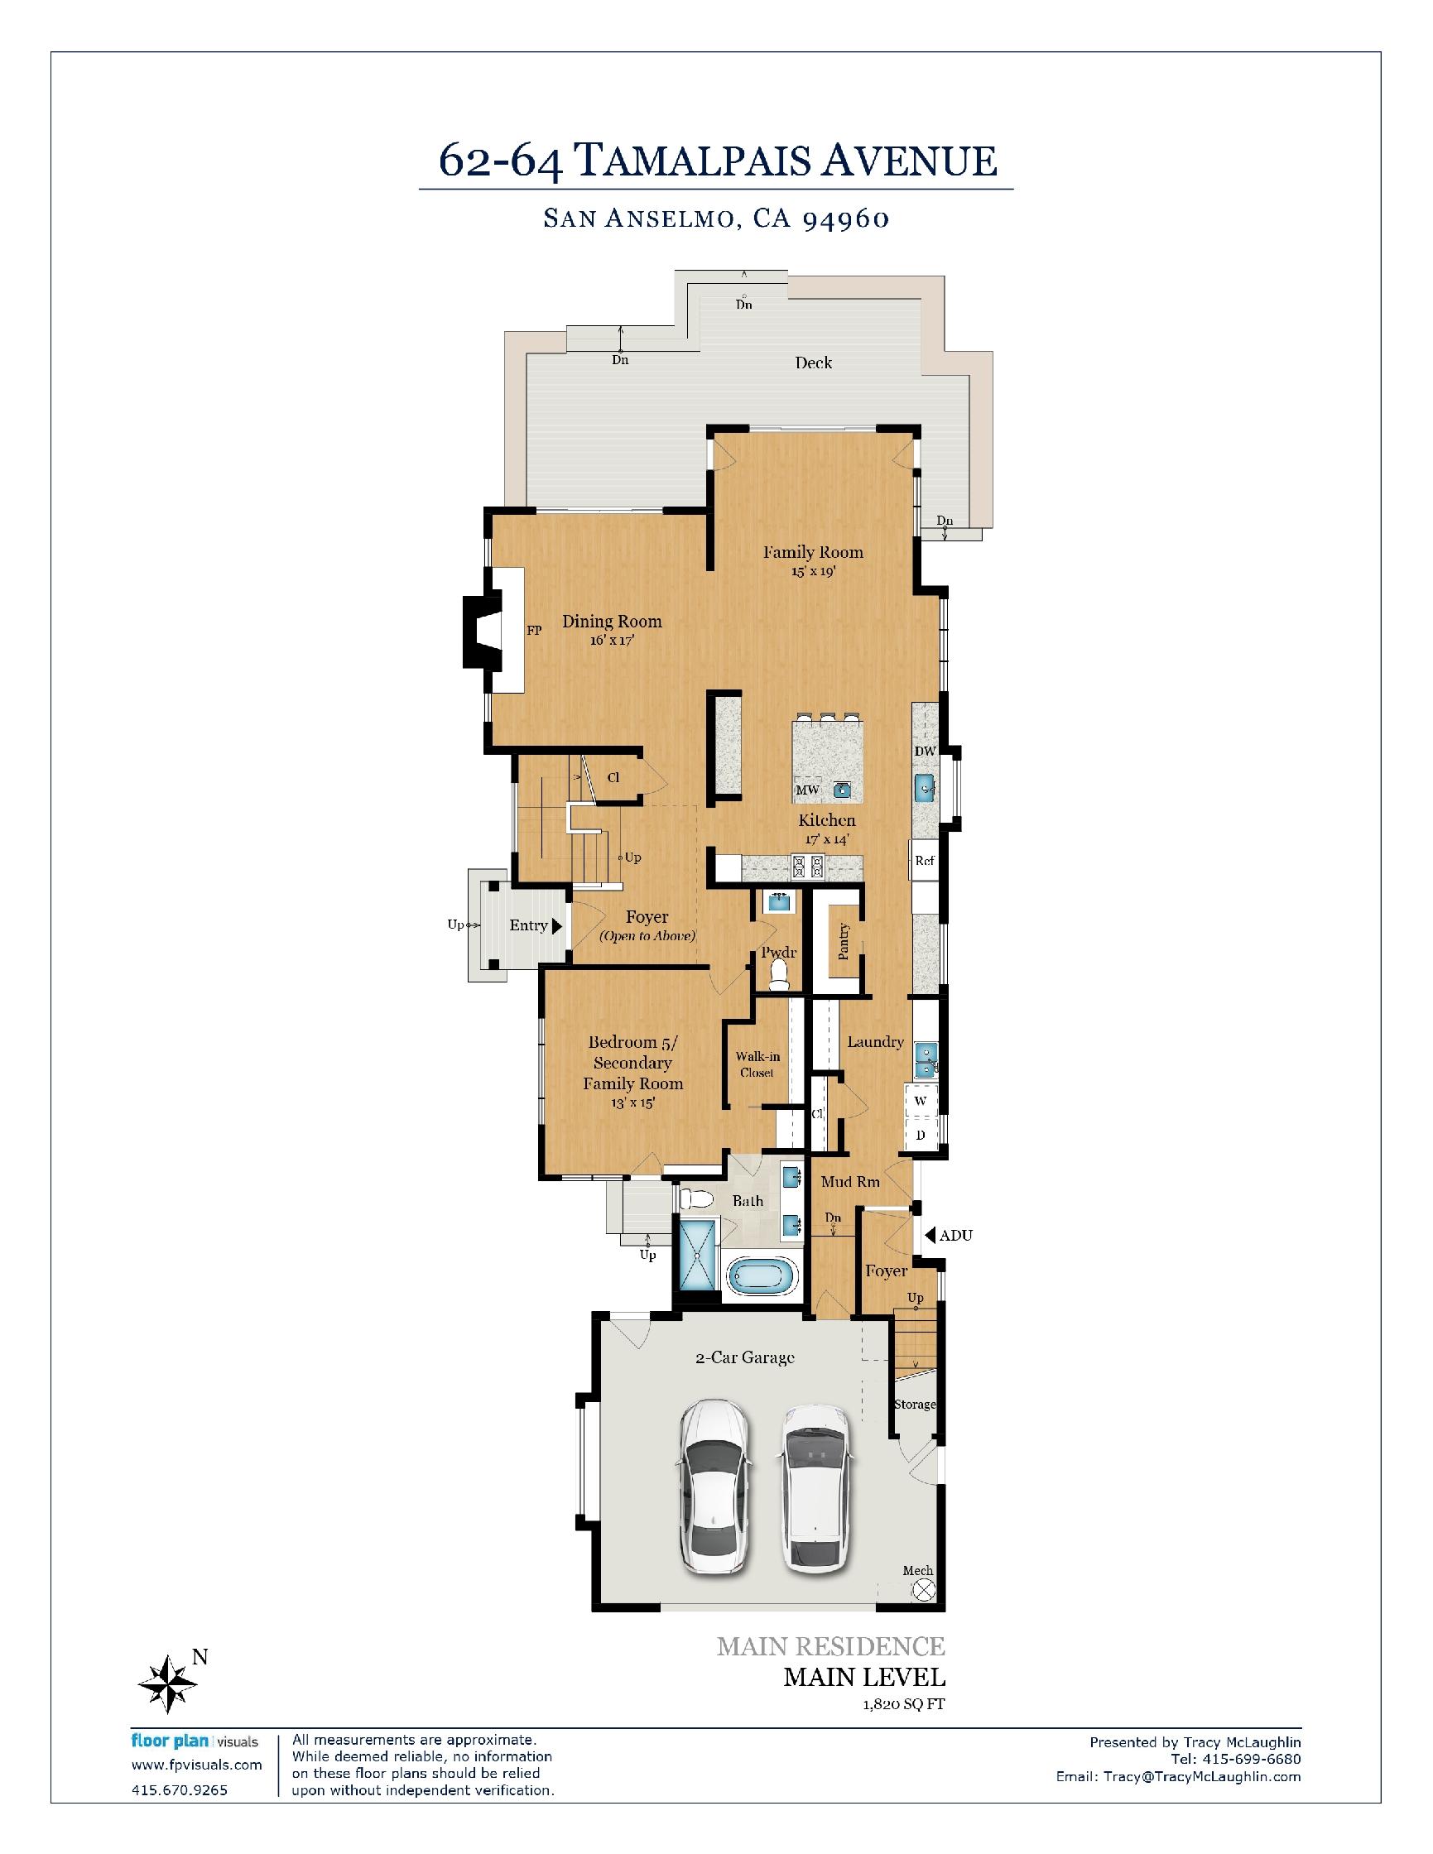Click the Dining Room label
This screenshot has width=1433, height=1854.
click(611, 622)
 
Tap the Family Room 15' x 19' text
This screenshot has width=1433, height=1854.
click(812, 561)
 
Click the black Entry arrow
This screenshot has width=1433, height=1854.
click(557, 925)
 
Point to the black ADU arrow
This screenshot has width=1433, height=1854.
click(930, 1235)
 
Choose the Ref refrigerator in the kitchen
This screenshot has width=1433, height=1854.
click(925, 861)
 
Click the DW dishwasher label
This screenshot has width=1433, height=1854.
click(925, 752)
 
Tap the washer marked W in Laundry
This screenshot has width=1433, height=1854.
click(921, 1101)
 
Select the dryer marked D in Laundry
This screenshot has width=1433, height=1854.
click(921, 1134)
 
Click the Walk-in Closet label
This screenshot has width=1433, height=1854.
click(757, 1064)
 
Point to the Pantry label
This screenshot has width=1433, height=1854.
click(843, 940)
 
